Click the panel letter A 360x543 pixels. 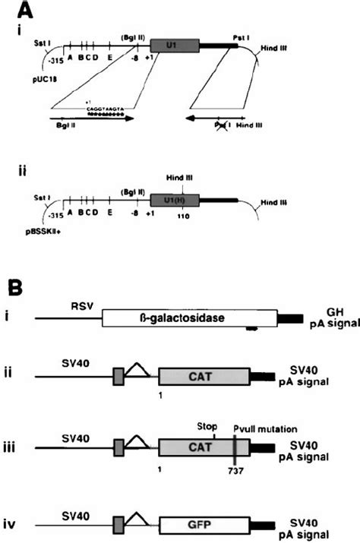point(26,11)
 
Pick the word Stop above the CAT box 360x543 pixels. point(207,426)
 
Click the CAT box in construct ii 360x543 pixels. point(204,377)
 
